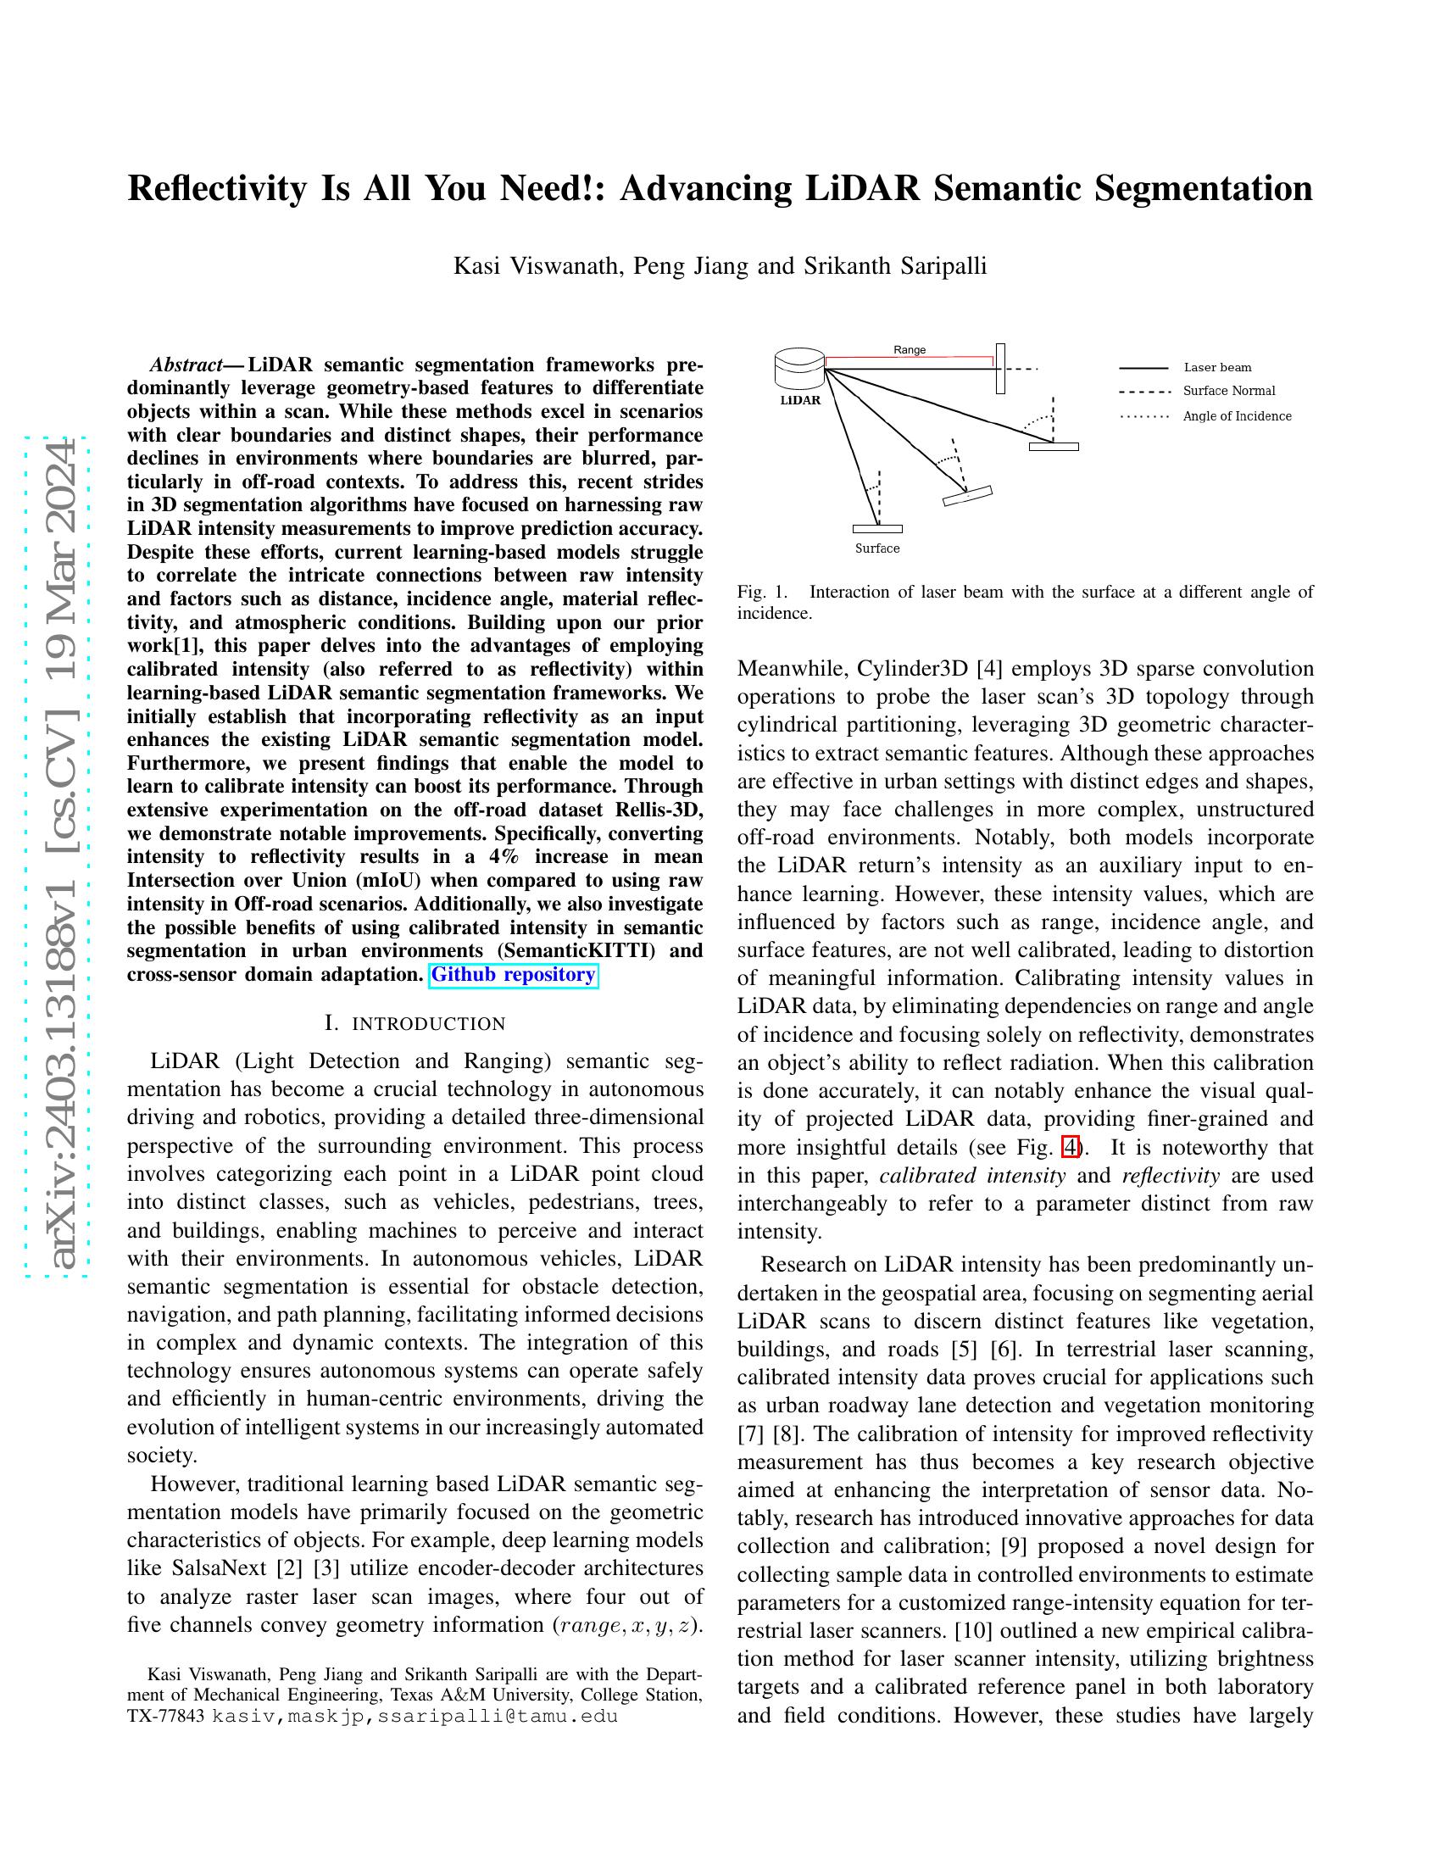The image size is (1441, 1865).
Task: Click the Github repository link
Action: coord(513,974)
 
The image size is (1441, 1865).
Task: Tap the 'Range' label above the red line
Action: coord(910,349)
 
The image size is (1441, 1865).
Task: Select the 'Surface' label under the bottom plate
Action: coord(876,548)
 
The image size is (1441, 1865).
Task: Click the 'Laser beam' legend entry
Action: coord(1216,367)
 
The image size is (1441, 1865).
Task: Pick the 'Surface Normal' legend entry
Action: coord(1228,390)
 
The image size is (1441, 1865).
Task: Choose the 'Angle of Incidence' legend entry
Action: coord(1236,416)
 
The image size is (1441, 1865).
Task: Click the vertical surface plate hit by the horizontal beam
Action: coord(1000,369)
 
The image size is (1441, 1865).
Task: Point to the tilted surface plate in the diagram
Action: coord(967,495)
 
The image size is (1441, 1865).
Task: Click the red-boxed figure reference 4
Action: coord(1071,1147)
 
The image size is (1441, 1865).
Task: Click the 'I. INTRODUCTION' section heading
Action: coord(414,1023)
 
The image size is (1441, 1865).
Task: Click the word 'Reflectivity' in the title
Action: coord(217,188)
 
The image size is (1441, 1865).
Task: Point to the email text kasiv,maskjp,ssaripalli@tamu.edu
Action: coord(414,1716)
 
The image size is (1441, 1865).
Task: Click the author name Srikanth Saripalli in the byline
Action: coord(894,265)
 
